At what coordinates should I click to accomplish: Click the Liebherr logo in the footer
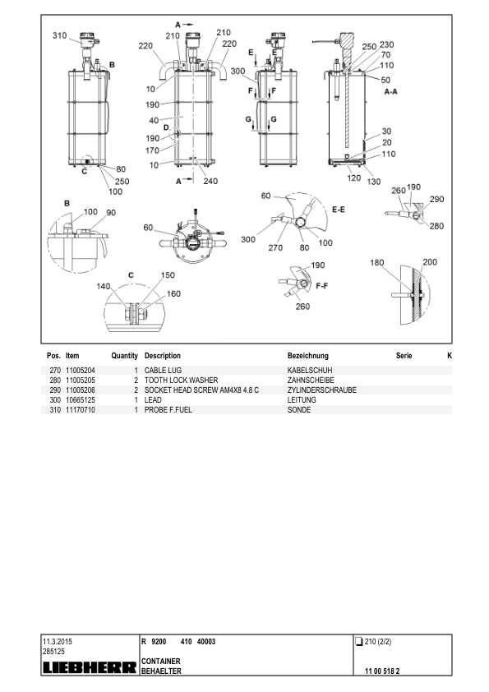tap(90, 667)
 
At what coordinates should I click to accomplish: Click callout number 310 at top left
tap(59, 35)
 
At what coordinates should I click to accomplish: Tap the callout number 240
tap(210, 181)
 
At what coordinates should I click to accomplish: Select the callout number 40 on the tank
tap(154, 120)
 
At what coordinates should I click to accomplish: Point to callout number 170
tap(152, 150)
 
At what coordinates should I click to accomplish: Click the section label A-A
tap(390, 91)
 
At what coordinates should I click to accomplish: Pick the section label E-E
tap(339, 210)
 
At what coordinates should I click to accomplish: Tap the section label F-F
tap(321, 285)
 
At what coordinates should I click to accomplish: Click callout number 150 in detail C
tap(168, 275)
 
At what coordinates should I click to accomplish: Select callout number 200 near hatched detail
tap(430, 261)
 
